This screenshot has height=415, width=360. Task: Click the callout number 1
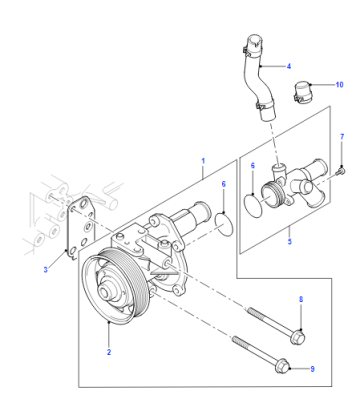click(203, 161)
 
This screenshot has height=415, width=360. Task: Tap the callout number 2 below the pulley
click(109, 352)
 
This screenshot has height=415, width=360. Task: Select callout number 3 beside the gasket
click(46, 270)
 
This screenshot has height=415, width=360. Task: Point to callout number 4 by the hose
click(289, 66)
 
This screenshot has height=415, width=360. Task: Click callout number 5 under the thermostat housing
click(289, 241)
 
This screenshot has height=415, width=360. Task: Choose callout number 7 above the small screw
click(342, 137)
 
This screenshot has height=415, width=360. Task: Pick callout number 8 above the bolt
click(301, 300)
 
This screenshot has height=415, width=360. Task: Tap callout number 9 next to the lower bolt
click(312, 369)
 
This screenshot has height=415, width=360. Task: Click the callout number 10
click(339, 85)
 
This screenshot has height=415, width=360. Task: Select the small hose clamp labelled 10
click(302, 91)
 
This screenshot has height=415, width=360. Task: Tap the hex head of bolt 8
click(298, 337)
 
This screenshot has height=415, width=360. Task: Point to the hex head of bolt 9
click(283, 367)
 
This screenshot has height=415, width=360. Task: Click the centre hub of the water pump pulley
click(106, 292)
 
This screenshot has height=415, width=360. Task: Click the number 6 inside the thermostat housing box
click(253, 166)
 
